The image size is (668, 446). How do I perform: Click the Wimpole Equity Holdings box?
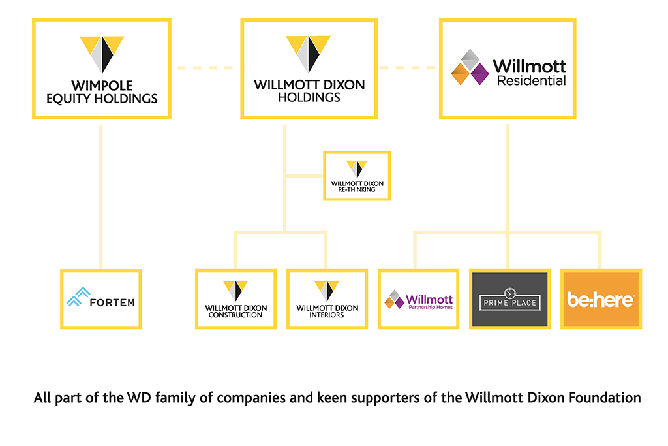click(101, 69)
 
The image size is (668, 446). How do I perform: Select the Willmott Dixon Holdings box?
click(309, 69)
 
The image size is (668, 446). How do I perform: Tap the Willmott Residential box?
click(508, 69)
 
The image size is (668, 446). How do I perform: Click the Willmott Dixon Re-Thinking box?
click(357, 176)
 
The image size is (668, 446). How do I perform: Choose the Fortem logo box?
click(100, 299)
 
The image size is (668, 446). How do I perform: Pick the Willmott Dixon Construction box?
click(235, 299)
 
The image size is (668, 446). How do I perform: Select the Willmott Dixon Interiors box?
click(327, 299)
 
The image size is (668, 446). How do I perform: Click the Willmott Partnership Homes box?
click(418, 299)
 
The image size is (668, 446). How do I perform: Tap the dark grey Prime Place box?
click(509, 299)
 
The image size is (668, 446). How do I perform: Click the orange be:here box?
click(601, 299)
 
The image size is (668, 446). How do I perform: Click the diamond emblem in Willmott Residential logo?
click(470, 67)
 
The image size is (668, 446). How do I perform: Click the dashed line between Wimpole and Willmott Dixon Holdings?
click(205, 67)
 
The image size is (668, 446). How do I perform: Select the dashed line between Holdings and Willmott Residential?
click(408, 67)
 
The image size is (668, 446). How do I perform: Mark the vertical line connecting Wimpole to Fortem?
click(100, 196)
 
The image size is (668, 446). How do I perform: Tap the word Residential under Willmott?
click(531, 82)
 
